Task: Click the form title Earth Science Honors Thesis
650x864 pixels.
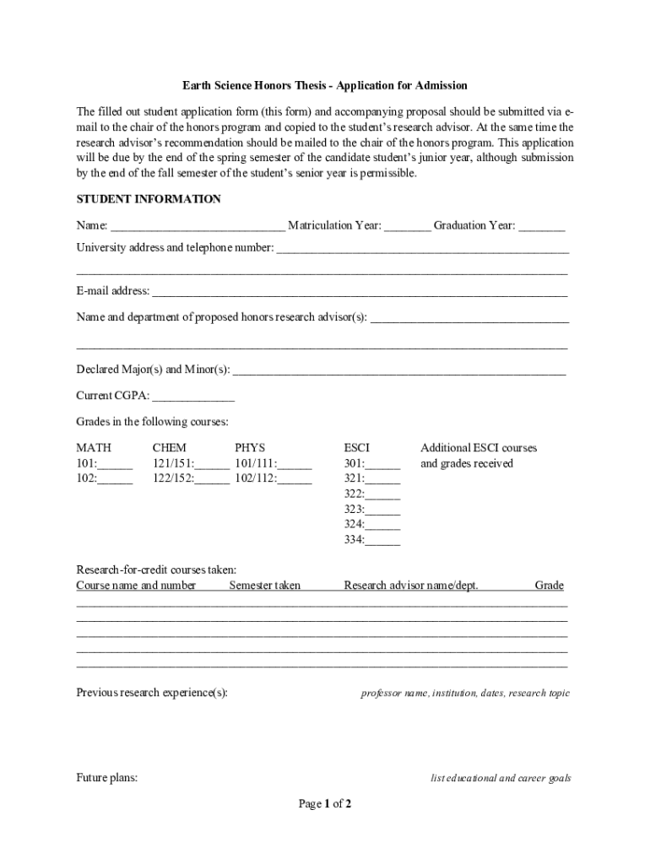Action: (x=325, y=86)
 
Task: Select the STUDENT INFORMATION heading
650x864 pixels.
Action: (x=149, y=199)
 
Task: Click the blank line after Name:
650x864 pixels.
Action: (x=198, y=226)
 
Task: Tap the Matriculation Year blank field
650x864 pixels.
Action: (x=409, y=226)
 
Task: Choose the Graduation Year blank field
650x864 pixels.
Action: (x=542, y=226)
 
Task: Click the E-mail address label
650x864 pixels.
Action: (x=113, y=291)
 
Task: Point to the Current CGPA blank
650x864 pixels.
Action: (x=193, y=396)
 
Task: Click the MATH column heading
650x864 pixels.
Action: (x=94, y=448)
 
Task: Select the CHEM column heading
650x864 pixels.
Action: (x=170, y=448)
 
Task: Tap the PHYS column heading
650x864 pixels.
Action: (x=250, y=448)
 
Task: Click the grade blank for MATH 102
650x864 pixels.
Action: (x=116, y=479)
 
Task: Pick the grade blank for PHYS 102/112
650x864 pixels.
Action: (x=295, y=479)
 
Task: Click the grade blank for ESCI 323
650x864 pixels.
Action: (x=383, y=510)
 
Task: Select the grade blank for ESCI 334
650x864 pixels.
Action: (x=383, y=540)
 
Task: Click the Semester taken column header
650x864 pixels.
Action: (x=264, y=586)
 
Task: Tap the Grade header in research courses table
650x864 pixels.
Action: (x=549, y=586)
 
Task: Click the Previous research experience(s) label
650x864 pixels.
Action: (x=152, y=693)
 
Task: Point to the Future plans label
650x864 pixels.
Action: (x=107, y=777)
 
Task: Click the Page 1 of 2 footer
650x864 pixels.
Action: (x=325, y=804)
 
